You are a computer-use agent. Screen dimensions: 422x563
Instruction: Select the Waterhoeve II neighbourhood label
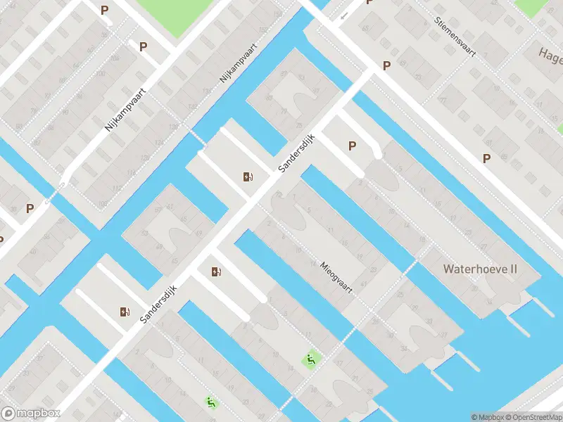tap(480, 269)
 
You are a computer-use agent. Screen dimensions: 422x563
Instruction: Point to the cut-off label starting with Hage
tap(550, 53)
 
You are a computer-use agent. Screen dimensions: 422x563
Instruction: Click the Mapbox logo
tap(30, 414)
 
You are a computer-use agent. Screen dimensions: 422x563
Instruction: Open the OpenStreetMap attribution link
tap(532, 417)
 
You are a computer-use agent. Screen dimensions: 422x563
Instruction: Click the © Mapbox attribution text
tap(487, 417)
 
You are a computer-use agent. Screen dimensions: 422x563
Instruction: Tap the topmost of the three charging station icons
tap(248, 177)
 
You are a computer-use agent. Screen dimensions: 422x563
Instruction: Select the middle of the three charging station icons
tap(215, 271)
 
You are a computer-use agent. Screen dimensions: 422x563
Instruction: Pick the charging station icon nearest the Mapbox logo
tap(125, 312)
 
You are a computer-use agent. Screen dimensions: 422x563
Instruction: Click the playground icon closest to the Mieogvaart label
tap(309, 359)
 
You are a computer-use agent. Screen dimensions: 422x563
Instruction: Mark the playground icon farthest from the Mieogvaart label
tap(210, 402)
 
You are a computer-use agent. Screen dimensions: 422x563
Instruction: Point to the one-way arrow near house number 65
tap(343, 15)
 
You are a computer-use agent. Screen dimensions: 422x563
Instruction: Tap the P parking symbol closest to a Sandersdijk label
tap(352, 146)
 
